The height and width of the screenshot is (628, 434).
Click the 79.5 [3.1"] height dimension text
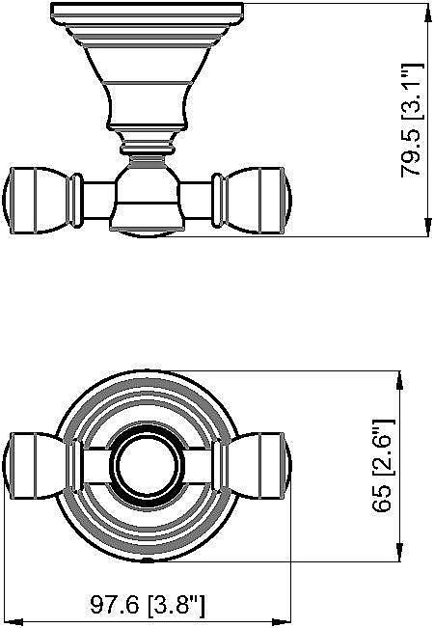(414, 119)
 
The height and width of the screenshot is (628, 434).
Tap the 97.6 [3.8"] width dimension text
(148, 606)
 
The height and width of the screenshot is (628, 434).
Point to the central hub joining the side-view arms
(147, 198)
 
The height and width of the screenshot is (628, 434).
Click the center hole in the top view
(147, 465)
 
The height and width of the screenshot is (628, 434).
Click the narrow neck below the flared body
(147, 147)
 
